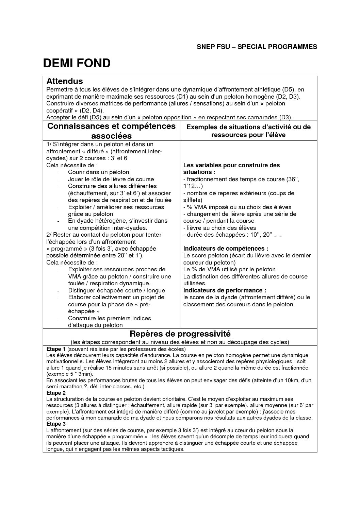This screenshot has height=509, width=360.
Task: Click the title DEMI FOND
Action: pyautogui.click(x=77, y=63)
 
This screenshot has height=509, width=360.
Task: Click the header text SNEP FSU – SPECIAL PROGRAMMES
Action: pyautogui.click(x=257, y=47)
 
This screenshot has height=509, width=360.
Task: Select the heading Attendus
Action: pyautogui.click(x=65, y=81)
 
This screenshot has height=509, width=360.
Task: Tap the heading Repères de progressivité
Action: pyautogui.click(x=180, y=334)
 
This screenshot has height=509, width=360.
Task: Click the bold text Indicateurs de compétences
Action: pyautogui.click(x=226, y=249)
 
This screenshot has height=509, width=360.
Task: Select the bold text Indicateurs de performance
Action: pyautogui.click(x=225, y=290)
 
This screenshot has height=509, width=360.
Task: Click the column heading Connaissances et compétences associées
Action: pyautogui.click(x=111, y=131)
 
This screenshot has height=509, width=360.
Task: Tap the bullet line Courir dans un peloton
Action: pyautogui.click(x=99, y=172)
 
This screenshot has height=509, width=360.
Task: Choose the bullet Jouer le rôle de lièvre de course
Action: pyautogui.click(x=111, y=179)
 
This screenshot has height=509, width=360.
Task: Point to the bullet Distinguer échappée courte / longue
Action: pyautogui.click(x=116, y=290)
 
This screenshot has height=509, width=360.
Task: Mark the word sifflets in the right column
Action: pyautogui.click(x=193, y=200)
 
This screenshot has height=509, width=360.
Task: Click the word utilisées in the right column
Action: pyautogui.click(x=195, y=283)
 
